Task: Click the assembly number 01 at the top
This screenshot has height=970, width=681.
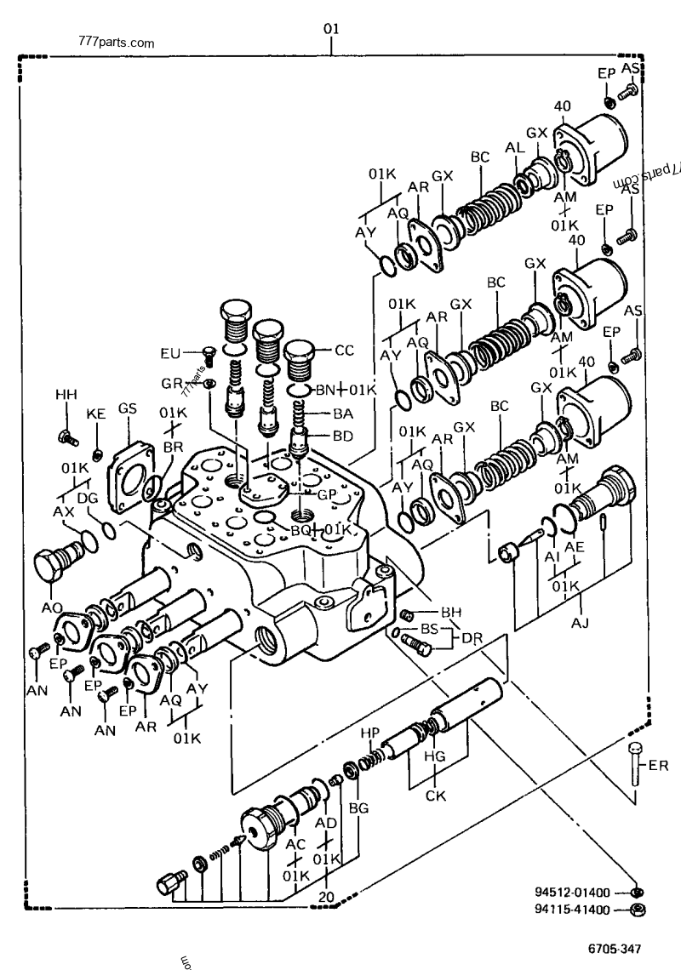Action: (x=331, y=29)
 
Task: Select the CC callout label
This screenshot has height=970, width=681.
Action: (x=344, y=349)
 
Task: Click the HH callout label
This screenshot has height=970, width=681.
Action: (x=66, y=396)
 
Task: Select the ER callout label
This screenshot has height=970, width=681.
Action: (x=658, y=765)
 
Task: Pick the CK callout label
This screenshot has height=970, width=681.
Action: (x=436, y=796)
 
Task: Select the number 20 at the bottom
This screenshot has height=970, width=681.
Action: (x=326, y=897)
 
